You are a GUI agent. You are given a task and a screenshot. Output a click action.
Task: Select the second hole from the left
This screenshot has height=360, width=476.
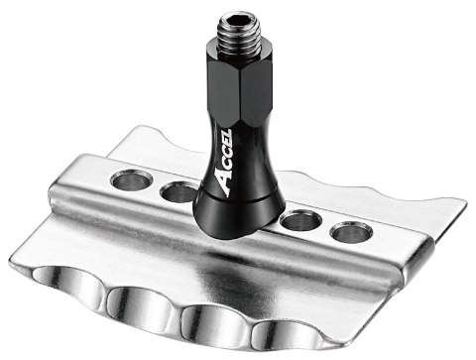pos(179,191)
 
